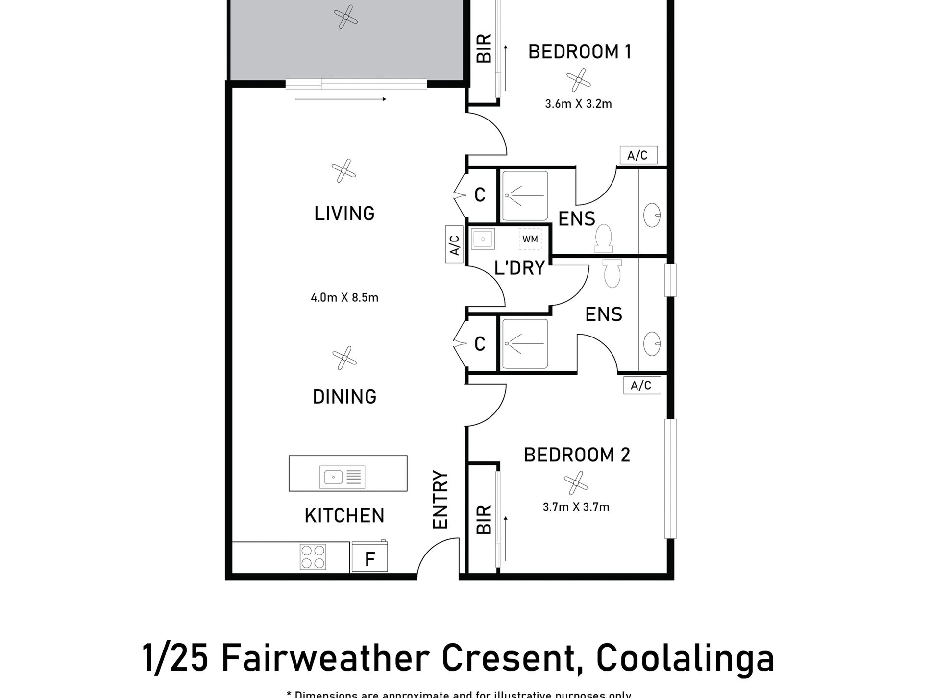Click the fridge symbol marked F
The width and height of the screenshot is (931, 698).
tap(370, 557)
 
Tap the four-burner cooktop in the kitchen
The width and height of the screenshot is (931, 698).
tap(313, 557)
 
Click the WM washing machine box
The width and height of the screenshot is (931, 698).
tap(530, 240)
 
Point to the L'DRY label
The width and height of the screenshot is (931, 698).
tap(519, 268)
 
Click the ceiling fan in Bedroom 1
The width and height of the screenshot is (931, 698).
tap(579, 80)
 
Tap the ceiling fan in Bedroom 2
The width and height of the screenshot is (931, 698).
tap(575, 483)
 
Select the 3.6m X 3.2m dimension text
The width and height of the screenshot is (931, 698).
tap(578, 104)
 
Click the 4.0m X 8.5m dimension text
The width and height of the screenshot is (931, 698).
tap(344, 298)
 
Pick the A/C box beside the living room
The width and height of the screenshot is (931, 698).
tap(454, 244)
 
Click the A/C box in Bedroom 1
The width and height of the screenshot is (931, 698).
tap(637, 155)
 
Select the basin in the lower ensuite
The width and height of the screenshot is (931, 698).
tap(652, 343)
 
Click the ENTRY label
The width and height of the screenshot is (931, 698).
tap(441, 500)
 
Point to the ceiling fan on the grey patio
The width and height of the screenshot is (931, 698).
tap(345, 17)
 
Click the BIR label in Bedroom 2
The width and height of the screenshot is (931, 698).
tap(484, 520)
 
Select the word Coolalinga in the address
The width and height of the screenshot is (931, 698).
tap(686, 659)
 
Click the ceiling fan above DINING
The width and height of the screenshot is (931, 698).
tap(344, 358)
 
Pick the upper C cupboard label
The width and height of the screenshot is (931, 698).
tap(480, 195)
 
